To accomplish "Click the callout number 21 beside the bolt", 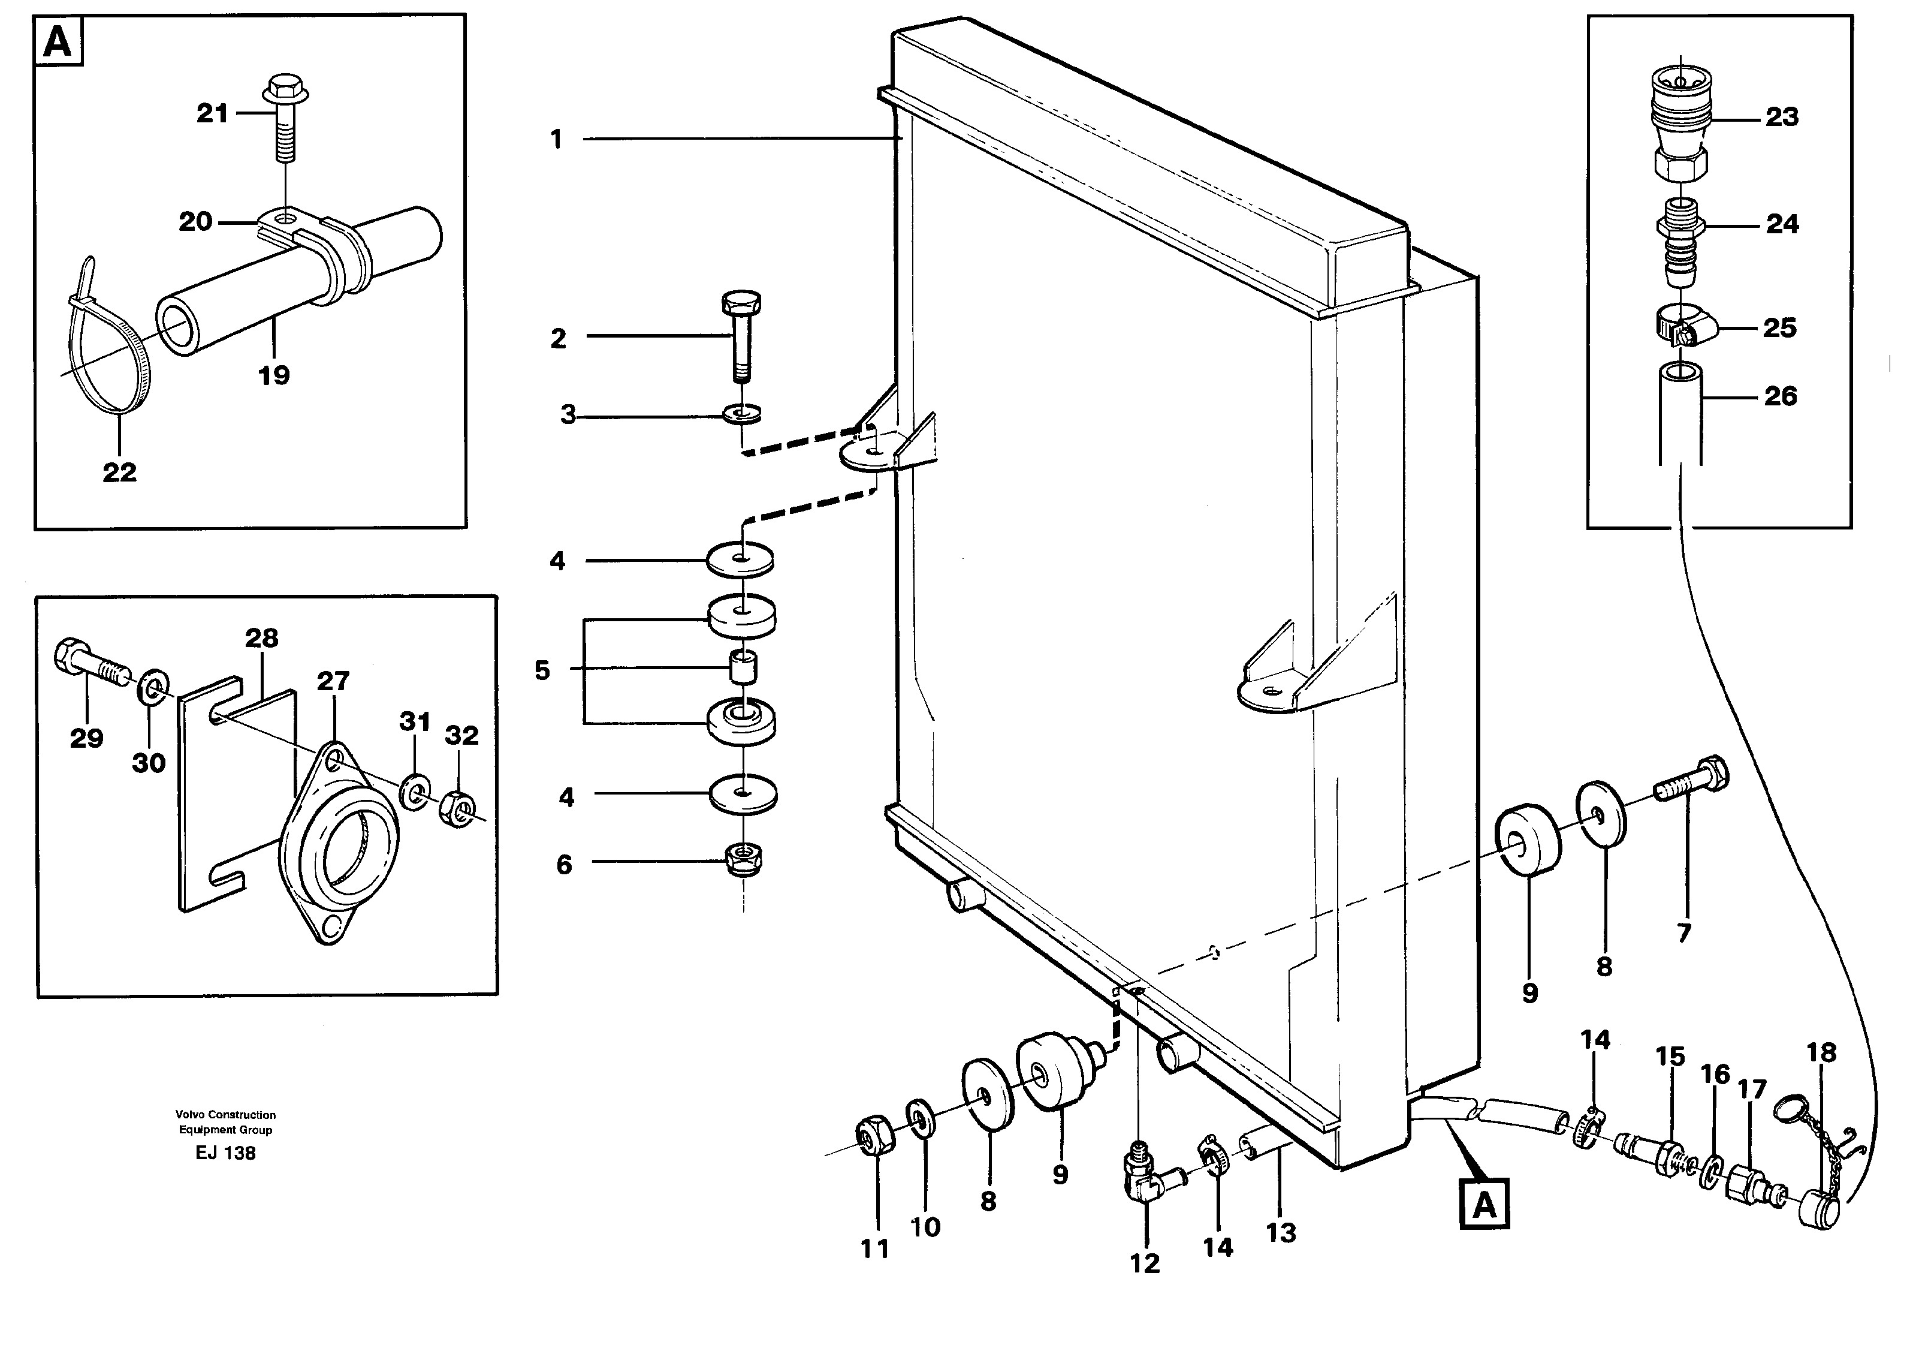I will [212, 113].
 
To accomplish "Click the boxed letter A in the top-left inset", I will [58, 41].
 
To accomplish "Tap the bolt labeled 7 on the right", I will [1691, 783].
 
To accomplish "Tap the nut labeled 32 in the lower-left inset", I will [457, 807].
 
